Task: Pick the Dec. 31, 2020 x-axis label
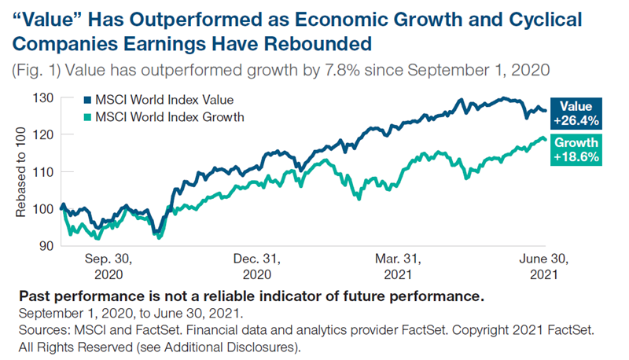coord(257,267)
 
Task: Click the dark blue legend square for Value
coord(86,101)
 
